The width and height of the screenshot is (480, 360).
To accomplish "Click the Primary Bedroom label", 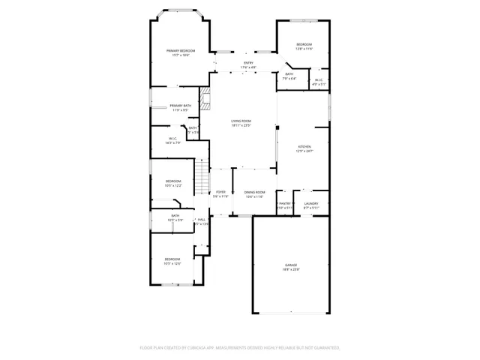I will pos(180,52).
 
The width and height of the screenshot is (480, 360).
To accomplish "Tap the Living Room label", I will pos(241,123).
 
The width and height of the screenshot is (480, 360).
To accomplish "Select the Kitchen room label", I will pos(304,148).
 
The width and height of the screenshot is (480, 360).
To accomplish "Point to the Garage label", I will pos(291,267).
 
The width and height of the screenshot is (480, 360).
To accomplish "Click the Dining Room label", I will pos(255,194).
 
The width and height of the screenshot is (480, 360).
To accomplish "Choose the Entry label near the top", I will pos(248,65).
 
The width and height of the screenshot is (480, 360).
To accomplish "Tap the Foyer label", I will pos(220,194).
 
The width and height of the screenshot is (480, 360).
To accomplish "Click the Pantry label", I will pos(284,205).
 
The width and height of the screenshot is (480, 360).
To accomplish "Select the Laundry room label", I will pos(311,205).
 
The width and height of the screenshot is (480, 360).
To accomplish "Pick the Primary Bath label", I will pos(180,107).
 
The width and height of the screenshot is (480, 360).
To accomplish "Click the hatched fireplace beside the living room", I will pos(204,97).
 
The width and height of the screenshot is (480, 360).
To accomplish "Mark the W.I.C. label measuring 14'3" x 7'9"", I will pos(172,140).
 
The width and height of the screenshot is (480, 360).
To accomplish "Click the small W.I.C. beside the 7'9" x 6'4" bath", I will pos(319,82).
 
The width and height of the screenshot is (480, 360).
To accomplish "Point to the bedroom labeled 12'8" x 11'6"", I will pos(304,46).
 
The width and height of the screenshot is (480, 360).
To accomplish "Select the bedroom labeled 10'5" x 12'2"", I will pos(173,183).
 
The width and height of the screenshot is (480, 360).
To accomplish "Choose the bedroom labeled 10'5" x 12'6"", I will pos(172,261).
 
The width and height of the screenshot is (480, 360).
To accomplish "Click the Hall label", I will pos(202,221).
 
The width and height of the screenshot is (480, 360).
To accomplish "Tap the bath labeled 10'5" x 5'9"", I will pos(175,217).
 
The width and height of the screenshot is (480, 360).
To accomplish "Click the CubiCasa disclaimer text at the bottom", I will pos(240,348).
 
